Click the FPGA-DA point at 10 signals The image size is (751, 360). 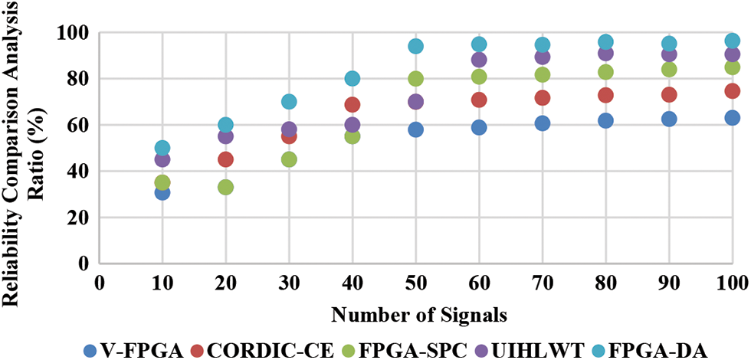tap(162, 148)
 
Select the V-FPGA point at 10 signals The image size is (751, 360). tap(162, 192)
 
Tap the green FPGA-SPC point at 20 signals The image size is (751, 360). tap(226, 187)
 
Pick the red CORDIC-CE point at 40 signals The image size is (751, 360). tap(353, 105)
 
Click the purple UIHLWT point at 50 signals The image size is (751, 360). tap(416, 102)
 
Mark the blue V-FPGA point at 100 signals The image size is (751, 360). tap(732, 118)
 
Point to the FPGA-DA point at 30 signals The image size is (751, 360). tap(289, 102)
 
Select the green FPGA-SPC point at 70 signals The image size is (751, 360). tap(543, 75)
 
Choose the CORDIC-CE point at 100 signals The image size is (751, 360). tap(732, 91)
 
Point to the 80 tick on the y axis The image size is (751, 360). tap(79, 79)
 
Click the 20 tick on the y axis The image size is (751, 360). tap(79, 218)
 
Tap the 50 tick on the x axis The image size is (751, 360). tap(416, 282)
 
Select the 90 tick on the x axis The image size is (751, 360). tap(669, 282)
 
